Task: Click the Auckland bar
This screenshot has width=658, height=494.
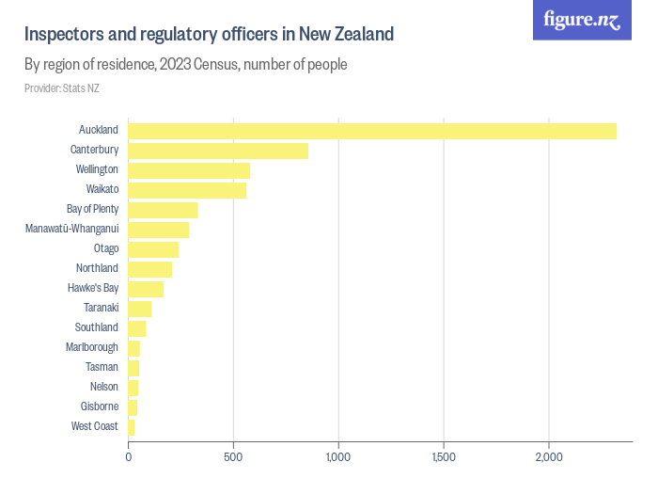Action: coord(372,131)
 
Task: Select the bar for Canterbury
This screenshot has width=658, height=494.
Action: coord(218,151)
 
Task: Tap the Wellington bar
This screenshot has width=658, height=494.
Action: coord(189,170)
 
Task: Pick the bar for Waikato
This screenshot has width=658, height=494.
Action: coord(187,190)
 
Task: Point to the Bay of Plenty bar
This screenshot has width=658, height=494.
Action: coord(163,210)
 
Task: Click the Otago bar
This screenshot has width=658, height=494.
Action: coord(153,249)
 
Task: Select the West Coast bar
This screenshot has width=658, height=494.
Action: coord(132,427)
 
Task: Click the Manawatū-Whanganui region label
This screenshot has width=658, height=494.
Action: coord(71,229)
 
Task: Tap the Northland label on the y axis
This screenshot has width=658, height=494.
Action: coord(97,268)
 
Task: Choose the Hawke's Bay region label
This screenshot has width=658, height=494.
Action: coord(93,288)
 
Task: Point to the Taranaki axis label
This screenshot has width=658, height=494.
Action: coord(101,308)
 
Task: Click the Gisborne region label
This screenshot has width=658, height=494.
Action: coord(100,406)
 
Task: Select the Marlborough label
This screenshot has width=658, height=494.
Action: coord(92,347)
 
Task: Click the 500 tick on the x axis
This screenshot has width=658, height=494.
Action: coord(233,458)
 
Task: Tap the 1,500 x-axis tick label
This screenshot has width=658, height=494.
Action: coord(444,458)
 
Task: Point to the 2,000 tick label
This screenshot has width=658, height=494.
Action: coord(549,458)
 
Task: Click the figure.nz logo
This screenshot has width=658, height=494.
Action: coord(583,20)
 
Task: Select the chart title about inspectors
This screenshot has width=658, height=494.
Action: coord(209,35)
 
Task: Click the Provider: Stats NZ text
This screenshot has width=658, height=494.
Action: coord(61,88)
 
